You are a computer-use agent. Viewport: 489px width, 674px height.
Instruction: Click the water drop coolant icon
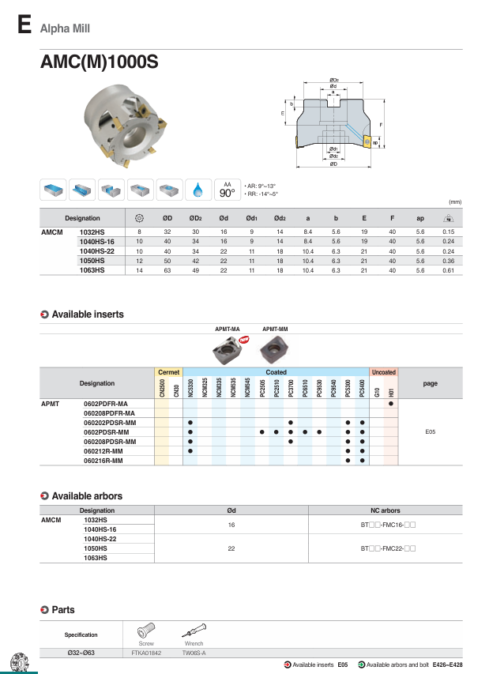[x=197, y=190]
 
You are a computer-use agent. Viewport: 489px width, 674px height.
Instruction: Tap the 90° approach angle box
[x=227, y=190]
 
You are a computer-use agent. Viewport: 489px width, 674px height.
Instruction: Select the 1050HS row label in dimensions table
[x=92, y=260]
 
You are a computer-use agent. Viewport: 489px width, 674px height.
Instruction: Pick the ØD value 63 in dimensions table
[x=167, y=270]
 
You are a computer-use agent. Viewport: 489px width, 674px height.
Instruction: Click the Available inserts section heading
[x=87, y=314]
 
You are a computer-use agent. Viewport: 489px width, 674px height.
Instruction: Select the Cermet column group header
[x=169, y=372]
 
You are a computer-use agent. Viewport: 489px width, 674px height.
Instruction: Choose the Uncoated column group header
[x=383, y=372]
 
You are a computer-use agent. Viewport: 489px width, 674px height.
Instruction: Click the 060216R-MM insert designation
[x=103, y=460]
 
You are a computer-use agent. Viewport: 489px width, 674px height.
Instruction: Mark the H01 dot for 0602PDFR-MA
[x=390, y=404]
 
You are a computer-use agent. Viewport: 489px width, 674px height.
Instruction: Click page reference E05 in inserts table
[x=430, y=432]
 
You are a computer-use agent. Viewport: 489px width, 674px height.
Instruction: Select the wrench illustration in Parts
[x=194, y=631]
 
